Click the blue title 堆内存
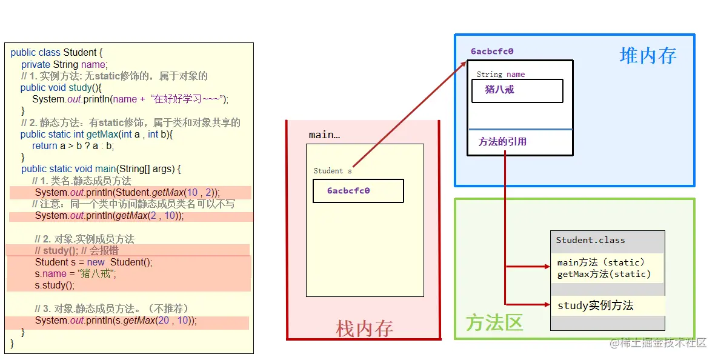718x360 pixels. coord(648,56)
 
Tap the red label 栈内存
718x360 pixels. coord(364,328)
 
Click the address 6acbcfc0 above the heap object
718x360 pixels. coord(492,52)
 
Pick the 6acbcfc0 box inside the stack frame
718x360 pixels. coord(358,191)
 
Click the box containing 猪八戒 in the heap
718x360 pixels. coord(517,90)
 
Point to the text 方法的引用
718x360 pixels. coord(502,142)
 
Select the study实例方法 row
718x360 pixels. coord(595,305)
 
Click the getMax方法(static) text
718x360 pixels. coord(603,274)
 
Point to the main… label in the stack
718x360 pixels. coord(324,135)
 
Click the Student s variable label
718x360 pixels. coord(332,171)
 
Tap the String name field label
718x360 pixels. coord(500,75)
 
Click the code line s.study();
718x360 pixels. coord(55,285)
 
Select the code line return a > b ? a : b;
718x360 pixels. coord(73,146)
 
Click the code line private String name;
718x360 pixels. coord(64,65)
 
